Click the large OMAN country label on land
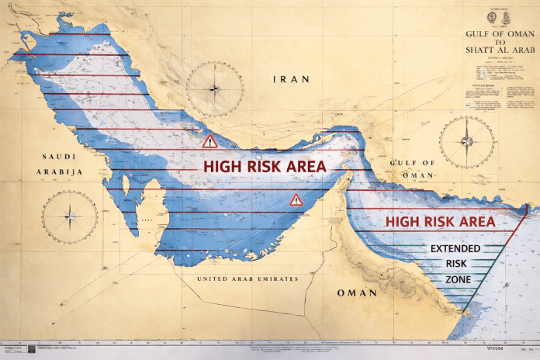tap(357, 293)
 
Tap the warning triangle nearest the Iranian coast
tap(209, 141)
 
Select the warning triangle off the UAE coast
tap(296, 200)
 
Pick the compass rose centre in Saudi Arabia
tap(70, 217)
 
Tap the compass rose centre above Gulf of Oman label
tap(466, 142)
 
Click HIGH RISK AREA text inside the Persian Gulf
tap(265, 166)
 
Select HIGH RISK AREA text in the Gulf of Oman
tap(440, 222)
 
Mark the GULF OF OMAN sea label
tap(411, 168)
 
